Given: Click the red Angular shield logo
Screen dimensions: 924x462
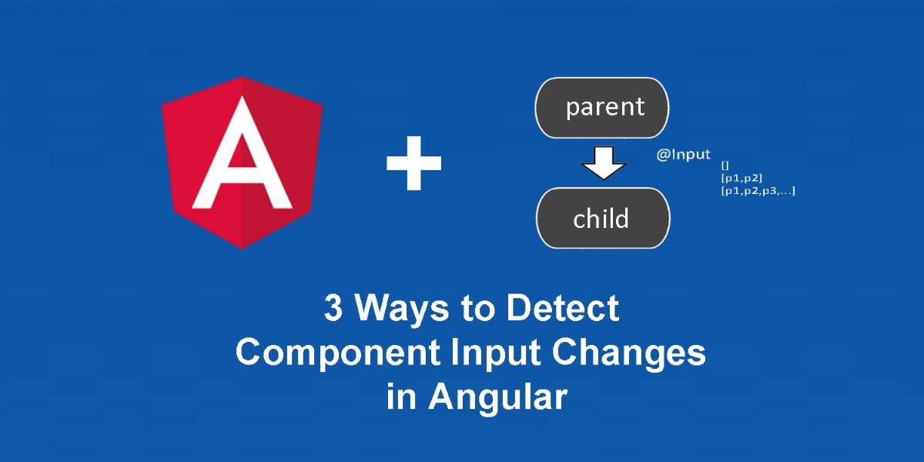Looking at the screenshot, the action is click(x=242, y=162).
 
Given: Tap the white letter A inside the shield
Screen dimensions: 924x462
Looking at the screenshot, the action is click(x=242, y=152).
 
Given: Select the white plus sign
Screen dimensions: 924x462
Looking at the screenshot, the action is click(x=413, y=163).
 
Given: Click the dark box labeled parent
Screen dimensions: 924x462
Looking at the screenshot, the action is click(x=602, y=108).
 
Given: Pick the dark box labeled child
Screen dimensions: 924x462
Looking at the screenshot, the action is click(x=603, y=218).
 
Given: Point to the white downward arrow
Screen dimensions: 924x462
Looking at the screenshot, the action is click(x=604, y=163).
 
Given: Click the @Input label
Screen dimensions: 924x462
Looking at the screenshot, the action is click(x=684, y=155).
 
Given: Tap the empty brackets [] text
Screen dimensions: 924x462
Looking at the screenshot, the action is click(x=725, y=166).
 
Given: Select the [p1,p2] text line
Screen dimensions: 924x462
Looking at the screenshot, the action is click(x=742, y=178).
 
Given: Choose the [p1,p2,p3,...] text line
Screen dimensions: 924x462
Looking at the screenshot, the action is click(x=758, y=191).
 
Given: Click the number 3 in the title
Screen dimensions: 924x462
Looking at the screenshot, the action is click(x=333, y=308).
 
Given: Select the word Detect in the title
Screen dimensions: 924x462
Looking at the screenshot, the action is click(x=563, y=308).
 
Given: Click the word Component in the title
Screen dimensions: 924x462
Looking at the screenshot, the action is click(x=338, y=353).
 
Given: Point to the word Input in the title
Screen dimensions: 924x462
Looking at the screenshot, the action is click(x=495, y=353).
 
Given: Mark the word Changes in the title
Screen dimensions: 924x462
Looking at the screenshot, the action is click(x=629, y=353).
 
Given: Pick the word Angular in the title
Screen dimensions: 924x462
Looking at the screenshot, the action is click(x=498, y=398).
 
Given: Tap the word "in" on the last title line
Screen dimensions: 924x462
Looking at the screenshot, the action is click(x=401, y=397).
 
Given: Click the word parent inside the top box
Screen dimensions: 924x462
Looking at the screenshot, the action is click(x=604, y=108).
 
